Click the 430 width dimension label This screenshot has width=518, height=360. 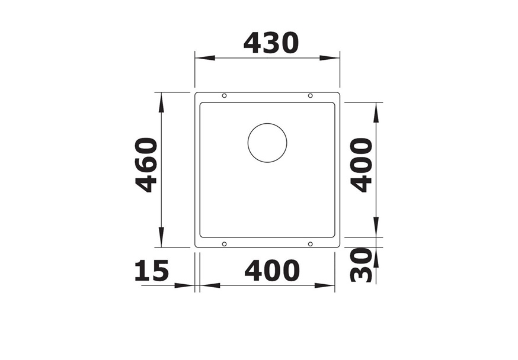click(x=271, y=43)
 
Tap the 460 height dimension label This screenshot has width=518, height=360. click(x=146, y=165)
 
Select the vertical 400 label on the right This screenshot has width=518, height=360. click(x=362, y=165)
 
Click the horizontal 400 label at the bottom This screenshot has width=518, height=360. click(x=272, y=271)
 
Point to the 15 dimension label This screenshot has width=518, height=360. click(x=152, y=271)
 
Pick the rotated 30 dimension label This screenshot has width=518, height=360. click(x=361, y=265)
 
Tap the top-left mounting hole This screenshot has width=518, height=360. click(x=224, y=96)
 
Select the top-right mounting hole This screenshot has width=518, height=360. click(x=310, y=96)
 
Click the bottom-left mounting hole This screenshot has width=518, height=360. click(x=224, y=244)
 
